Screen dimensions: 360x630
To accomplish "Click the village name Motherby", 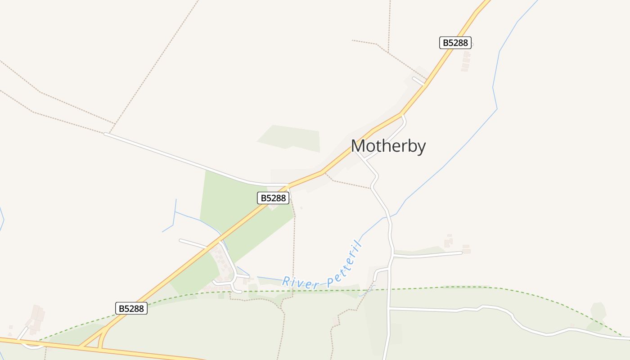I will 388,147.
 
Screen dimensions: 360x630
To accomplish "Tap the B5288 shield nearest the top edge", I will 455,43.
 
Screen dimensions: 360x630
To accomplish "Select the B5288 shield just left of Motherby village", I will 273,198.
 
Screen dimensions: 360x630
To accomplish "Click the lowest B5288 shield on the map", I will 131,308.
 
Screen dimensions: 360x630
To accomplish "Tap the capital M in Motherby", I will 358,147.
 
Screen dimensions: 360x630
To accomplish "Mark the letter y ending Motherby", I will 421,148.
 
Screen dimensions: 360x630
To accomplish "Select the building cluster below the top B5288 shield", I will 466,61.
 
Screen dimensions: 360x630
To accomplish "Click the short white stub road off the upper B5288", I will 419,81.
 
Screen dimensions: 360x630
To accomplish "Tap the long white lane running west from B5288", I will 180,158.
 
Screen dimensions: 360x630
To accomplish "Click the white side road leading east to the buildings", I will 427,255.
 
